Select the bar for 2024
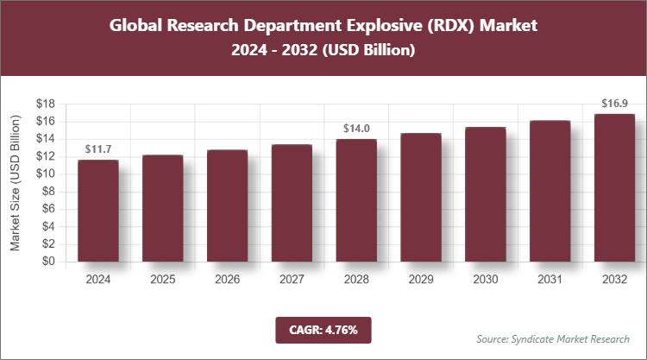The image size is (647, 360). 97,211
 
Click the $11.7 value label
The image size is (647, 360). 97,150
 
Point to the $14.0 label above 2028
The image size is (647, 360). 355,129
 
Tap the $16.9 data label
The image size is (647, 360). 614,104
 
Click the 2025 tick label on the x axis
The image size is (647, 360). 162,280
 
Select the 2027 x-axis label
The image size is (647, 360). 292,280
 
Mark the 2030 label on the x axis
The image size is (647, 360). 485,280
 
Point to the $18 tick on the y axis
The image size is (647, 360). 46,104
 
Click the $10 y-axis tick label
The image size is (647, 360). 46,174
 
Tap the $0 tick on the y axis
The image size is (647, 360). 49,262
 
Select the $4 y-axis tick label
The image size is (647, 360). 49,226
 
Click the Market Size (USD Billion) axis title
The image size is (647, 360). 16,182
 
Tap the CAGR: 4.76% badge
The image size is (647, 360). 323,329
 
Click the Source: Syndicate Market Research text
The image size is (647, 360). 552,338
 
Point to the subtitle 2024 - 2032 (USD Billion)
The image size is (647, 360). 323,51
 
